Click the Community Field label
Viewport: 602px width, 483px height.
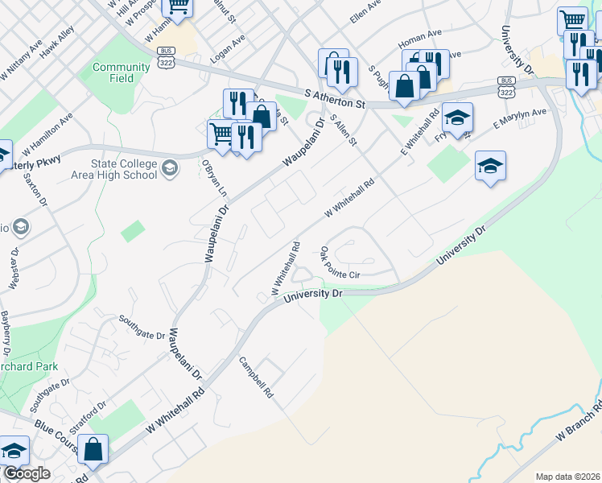click(121, 72)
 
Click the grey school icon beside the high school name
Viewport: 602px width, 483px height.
click(170, 167)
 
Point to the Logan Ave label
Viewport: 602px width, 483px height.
click(228, 50)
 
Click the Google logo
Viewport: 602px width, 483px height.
click(26, 474)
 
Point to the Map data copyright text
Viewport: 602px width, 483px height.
click(567, 477)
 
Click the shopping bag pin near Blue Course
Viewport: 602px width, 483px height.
click(93, 451)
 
